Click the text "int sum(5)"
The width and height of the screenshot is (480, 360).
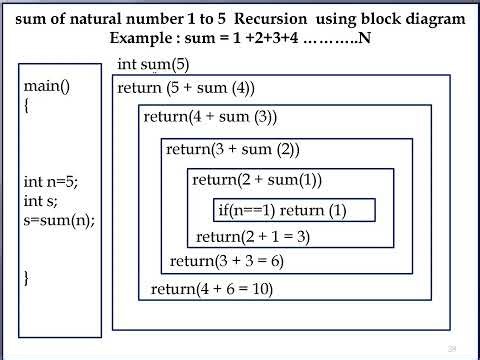point(153,65)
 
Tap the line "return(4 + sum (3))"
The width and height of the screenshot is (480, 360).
point(210,117)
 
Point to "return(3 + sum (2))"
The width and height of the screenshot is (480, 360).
point(233,150)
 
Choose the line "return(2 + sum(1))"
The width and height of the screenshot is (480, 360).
point(257,180)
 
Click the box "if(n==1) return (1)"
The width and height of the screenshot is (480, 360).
point(281,211)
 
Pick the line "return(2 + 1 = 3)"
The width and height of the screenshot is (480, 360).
point(253,237)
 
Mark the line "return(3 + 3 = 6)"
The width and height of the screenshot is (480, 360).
point(227,262)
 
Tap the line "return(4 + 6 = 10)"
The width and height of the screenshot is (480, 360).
point(211,290)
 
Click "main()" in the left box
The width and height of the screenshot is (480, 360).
point(47,86)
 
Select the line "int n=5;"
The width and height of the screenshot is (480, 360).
point(50,182)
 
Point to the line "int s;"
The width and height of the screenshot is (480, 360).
point(40,201)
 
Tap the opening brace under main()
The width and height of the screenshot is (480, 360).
point(27,105)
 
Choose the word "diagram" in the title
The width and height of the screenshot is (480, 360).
point(432,19)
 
